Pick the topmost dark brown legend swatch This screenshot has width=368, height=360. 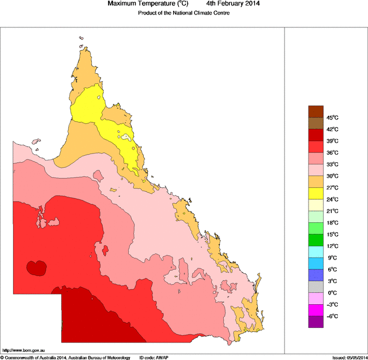(x=316, y=111)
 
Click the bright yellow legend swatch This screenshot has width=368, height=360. (x=316, y=193)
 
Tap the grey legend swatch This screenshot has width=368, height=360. (x=316, y=287)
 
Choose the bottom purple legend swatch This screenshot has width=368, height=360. (x=316, y=322)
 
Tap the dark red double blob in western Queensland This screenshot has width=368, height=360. (x=37, y=268)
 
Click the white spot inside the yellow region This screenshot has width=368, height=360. (x=127, y=137)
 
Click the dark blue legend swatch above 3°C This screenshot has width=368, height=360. (x=316, y=275)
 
